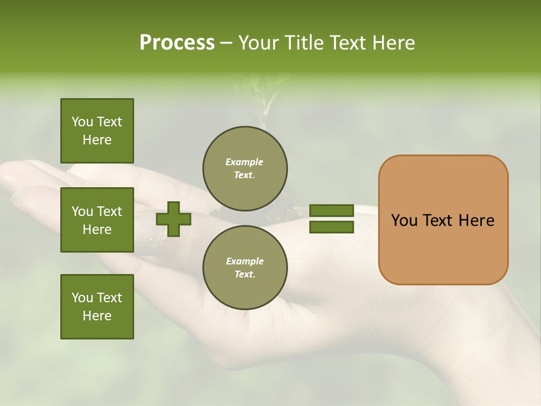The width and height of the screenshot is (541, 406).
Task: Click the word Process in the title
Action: [x=177, y=43]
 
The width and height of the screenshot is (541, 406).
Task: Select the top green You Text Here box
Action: [x=97, y=131]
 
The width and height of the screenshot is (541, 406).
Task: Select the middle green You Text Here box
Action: [x=97, y=220]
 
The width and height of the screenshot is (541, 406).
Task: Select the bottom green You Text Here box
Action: [x=97, y=306]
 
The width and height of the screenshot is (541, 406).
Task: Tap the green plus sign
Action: [x=174, y=219]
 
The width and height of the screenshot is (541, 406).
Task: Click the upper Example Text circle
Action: [x=245, y=169]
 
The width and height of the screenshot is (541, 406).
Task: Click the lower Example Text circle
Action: [x=245, y=267]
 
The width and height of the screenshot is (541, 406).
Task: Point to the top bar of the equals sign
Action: [x=331, y=211]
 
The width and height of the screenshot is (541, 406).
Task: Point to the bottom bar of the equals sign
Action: [x=331, y=227]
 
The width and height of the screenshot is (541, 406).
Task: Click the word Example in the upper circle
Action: [x=244, y=162]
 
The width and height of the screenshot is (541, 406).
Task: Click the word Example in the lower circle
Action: [x=244, y=262]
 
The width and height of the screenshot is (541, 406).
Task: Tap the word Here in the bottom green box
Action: [x=97, y=316]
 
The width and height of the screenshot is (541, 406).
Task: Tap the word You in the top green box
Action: [x=82, y=122]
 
